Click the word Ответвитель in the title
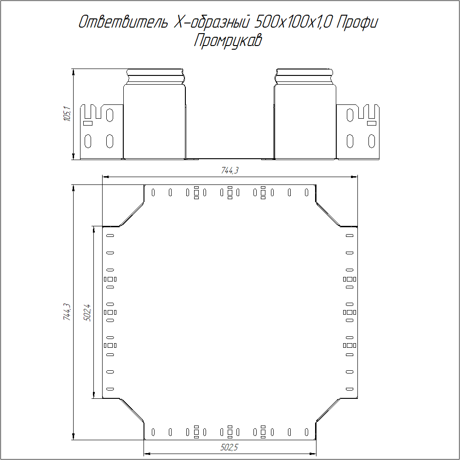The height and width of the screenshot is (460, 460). tap(123, 22)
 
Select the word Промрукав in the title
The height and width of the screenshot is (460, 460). tap(228, 40)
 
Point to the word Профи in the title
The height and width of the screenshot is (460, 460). tap(357, 23)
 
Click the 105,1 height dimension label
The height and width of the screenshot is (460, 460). tap(68, 114)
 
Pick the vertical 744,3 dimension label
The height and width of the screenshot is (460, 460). tap(67, 311)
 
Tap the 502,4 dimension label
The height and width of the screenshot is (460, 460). tap(87, 313)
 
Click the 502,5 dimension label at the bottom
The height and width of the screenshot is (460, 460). tap(229, 447)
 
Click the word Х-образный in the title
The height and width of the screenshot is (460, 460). tap(211, 22)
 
